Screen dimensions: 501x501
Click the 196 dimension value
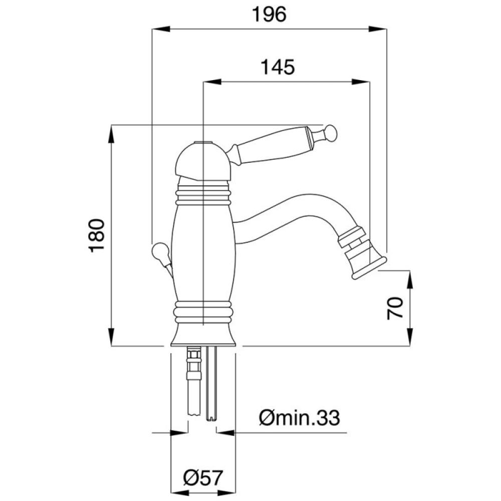click(x=269, y=15)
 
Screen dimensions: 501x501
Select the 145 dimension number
click(x=278, y=68)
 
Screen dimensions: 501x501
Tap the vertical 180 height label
click(x=97, y=235)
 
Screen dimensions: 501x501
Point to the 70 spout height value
click(x=395, y=308)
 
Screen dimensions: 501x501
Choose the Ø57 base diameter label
click(x=203, y=478)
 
